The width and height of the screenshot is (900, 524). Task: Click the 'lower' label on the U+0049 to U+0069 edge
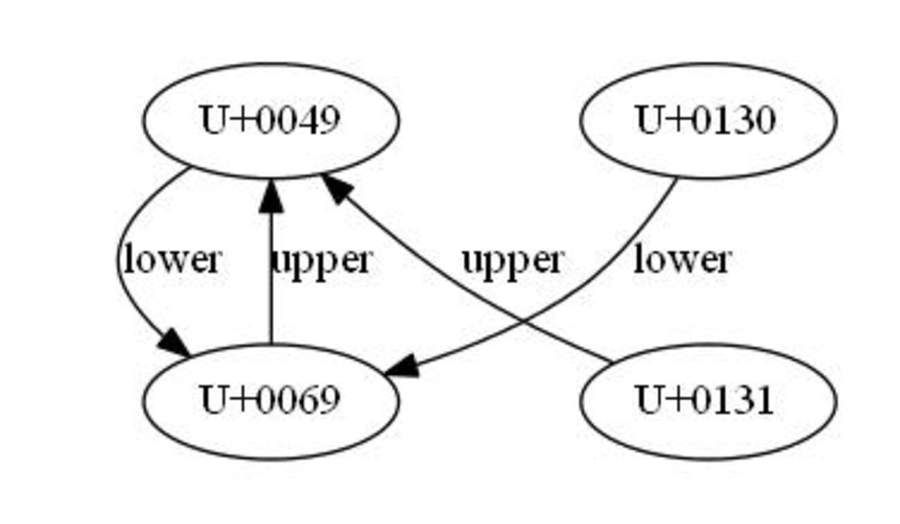(172, 260)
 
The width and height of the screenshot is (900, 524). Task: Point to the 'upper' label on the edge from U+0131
(513, 261)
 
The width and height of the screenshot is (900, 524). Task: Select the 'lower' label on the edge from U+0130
(682, 260)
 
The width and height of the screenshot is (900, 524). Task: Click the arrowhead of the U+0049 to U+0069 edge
(174, 344)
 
